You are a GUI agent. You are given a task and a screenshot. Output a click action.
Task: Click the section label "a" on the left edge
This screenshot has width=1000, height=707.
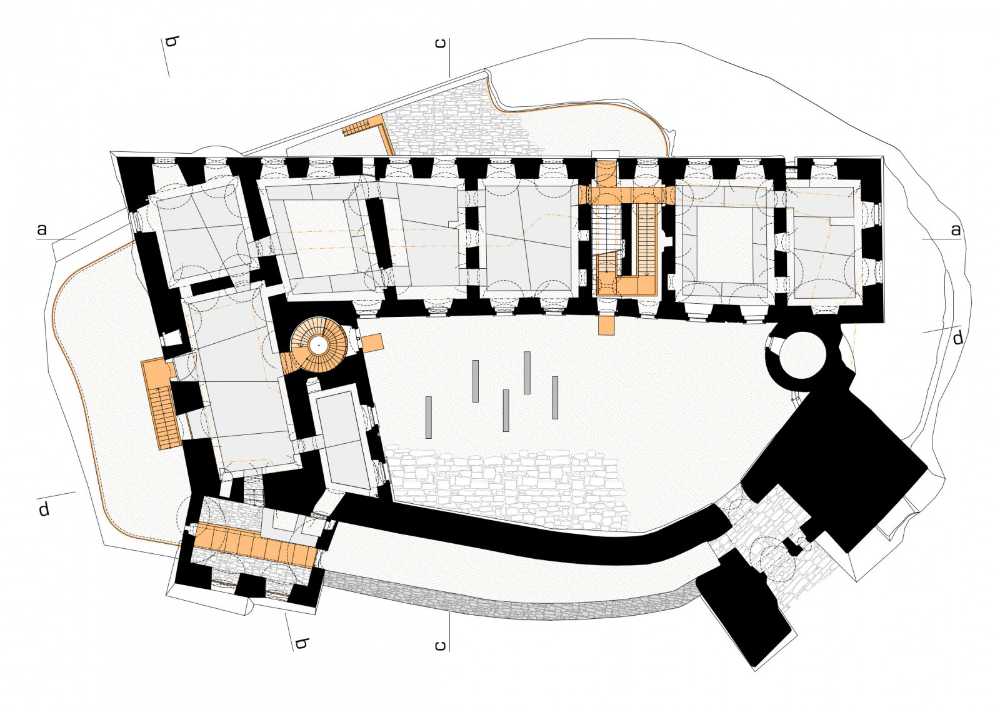tap(42, 230)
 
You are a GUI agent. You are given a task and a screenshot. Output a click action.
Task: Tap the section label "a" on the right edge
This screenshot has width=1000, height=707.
tap(956, 230)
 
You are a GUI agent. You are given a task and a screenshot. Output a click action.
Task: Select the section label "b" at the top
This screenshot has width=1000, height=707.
tap(172, 42)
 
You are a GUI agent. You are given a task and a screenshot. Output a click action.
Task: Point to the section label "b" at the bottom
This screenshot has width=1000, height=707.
tap(301, 644)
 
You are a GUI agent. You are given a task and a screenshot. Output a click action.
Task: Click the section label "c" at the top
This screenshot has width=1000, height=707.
tap(440, 43)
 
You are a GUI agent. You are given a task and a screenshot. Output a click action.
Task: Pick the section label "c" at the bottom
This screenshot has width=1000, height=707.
tap(440, 646)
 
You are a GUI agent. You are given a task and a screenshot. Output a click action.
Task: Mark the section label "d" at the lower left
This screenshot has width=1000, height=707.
tap(44, 509)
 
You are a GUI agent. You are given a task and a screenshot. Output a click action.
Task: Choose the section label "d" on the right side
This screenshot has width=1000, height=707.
tap(958, 339)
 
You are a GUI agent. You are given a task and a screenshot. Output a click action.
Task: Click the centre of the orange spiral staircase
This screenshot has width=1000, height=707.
tap(319, 344)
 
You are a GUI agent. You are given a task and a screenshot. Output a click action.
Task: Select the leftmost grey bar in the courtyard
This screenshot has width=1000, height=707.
tap(429, 417)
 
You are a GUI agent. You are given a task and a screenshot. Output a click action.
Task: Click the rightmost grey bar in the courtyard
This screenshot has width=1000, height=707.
tap(555, 398)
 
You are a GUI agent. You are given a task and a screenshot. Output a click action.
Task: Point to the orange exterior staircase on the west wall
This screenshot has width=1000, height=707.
tap(161, 404)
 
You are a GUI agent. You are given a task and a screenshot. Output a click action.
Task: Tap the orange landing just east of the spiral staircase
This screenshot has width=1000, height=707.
tap(372, 343)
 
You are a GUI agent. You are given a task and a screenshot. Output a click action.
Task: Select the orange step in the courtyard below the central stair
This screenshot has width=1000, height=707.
tap(606, 324)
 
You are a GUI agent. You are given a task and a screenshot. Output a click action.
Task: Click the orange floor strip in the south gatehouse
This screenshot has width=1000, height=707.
tap(256, 544)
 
